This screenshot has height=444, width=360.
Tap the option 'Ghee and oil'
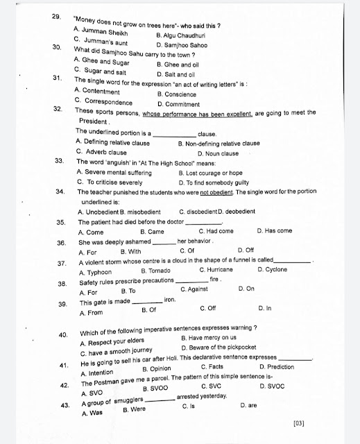click(x=177, y=62)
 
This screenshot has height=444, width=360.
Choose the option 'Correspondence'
click(x=108, y=101)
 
